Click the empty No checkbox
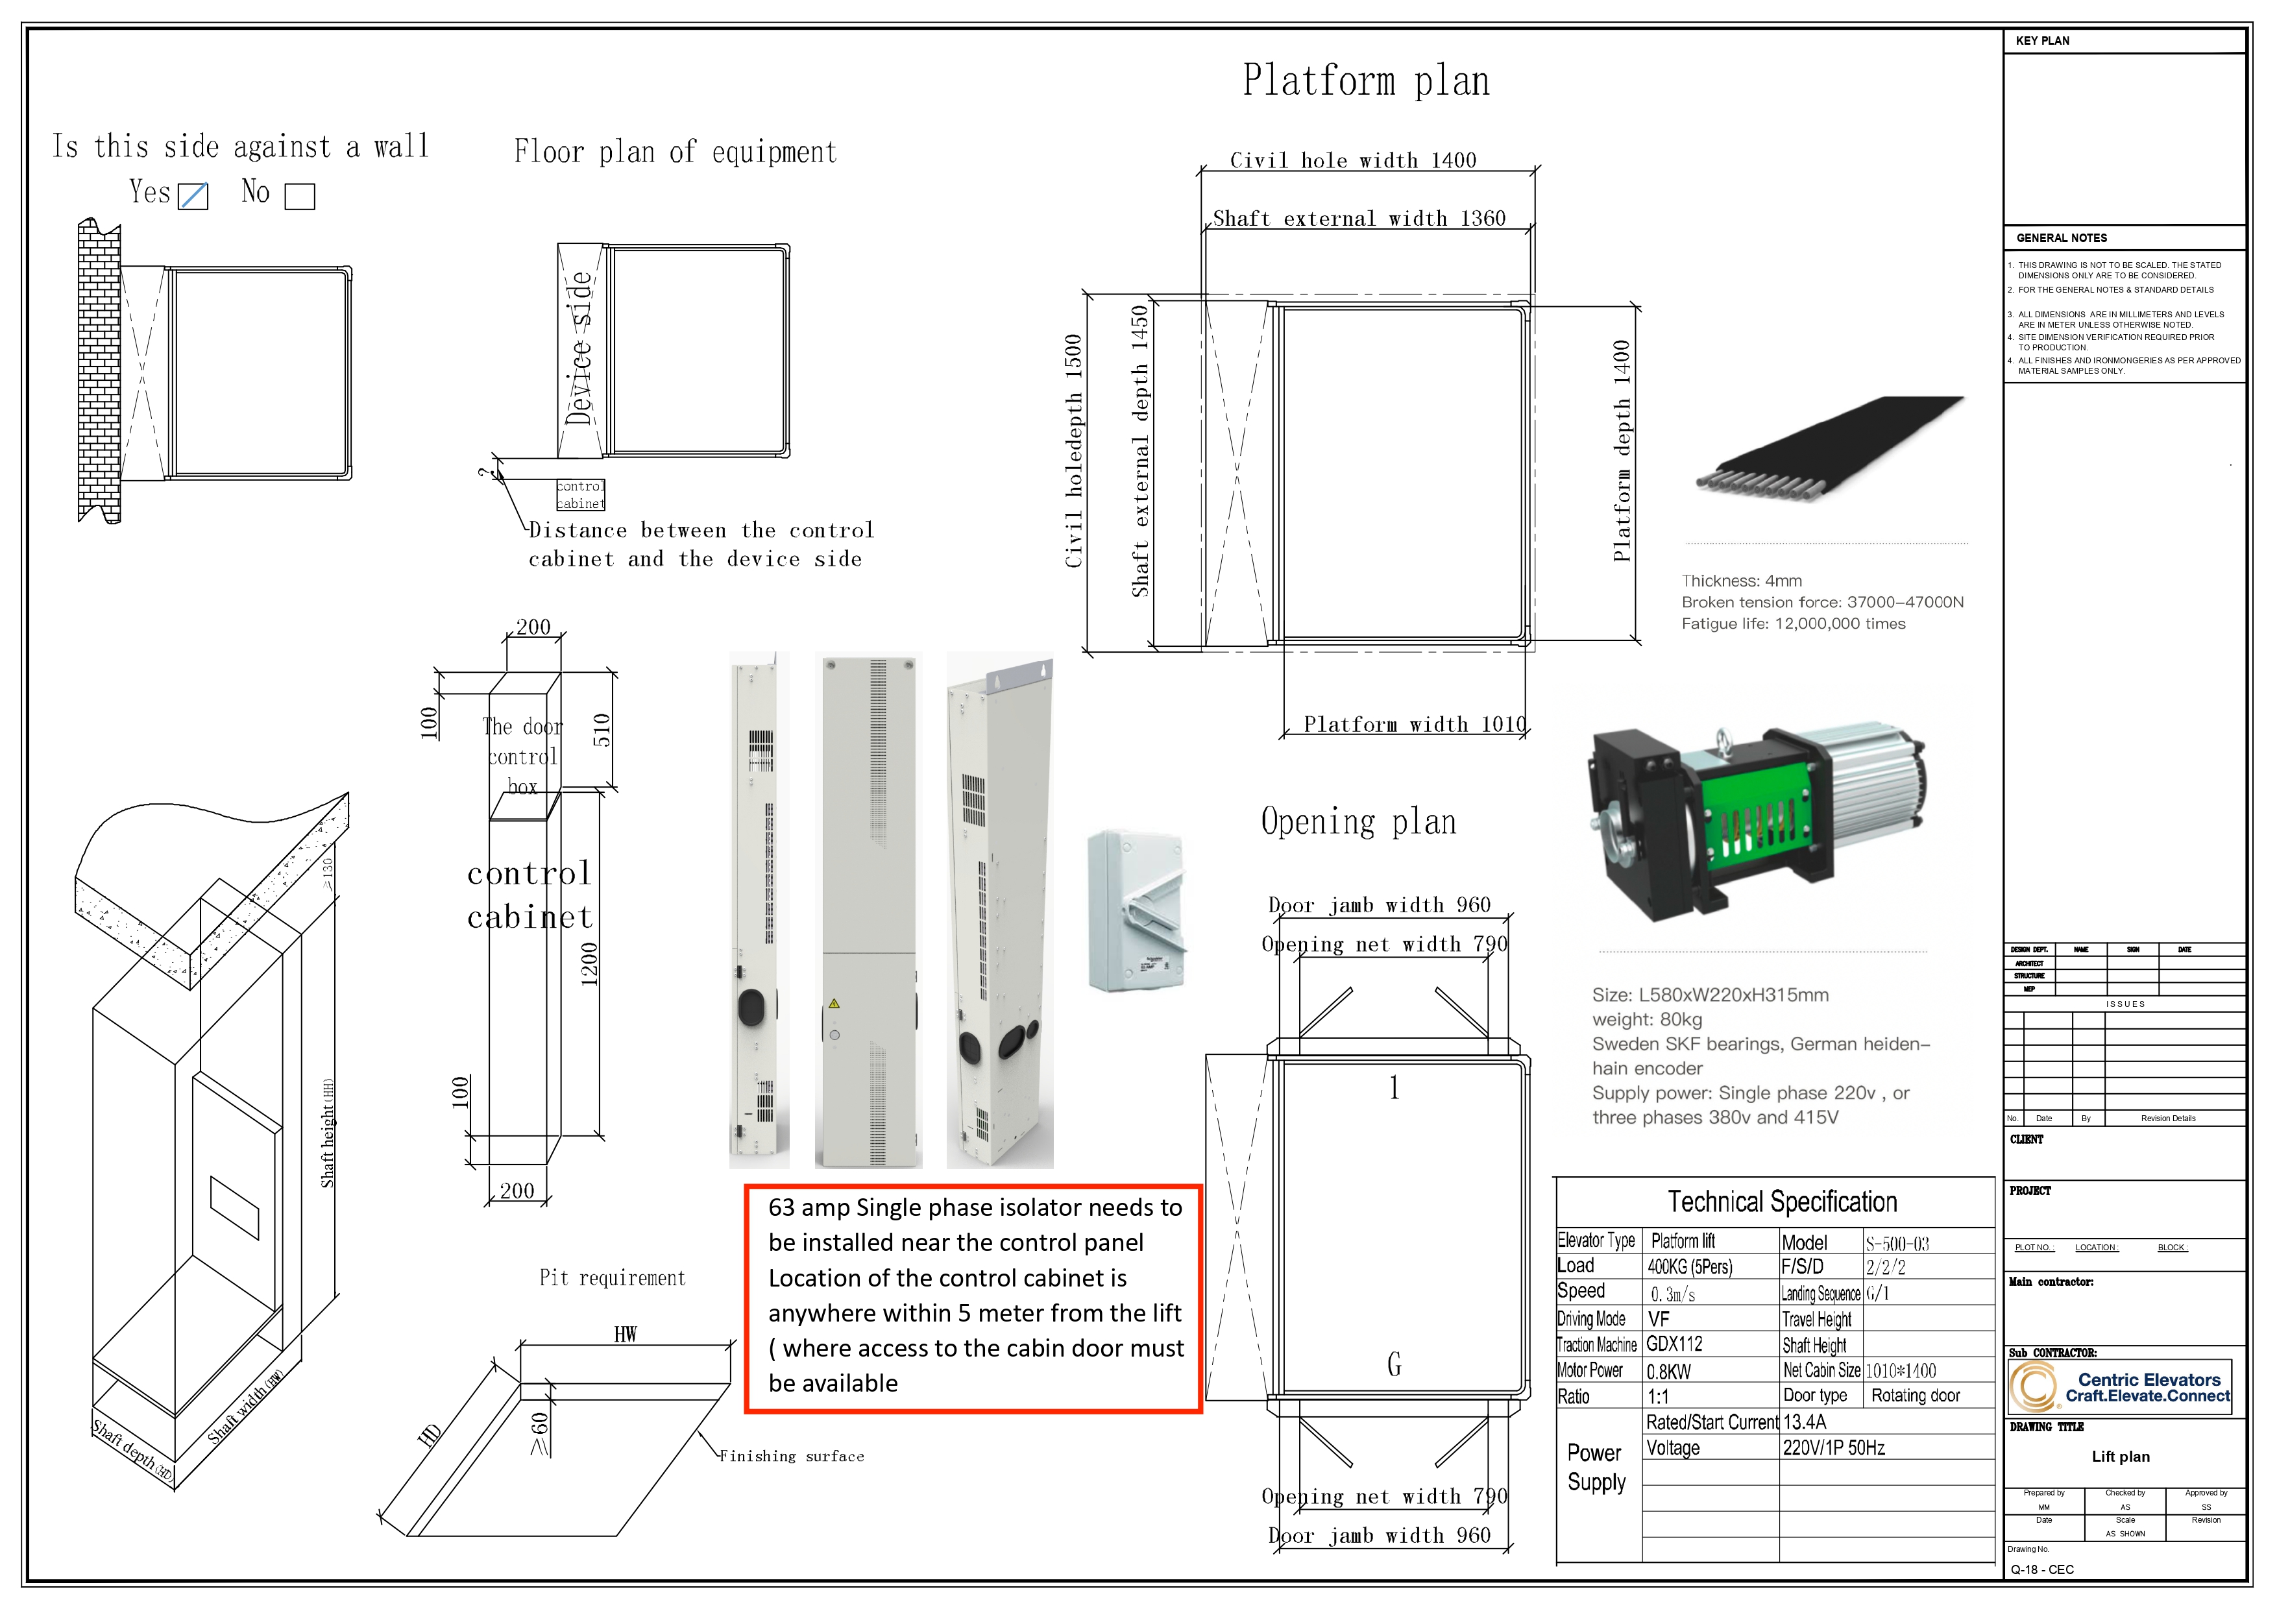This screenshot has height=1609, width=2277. (x=300, y=197)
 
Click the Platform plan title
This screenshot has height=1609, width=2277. (x=1365, y=81)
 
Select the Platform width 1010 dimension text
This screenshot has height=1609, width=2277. (x=1414, y=725)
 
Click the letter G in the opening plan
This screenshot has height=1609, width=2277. (x=1394, y=1365)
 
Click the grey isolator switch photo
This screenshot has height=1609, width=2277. (x=1136, y=910)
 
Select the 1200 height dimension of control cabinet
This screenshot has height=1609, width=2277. (x=589, y=963)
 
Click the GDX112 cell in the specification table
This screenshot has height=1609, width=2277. (x=1675, y=1344)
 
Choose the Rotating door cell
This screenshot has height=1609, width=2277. (x=1915, y=1396)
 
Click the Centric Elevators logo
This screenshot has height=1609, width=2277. (x=2121, y=1387)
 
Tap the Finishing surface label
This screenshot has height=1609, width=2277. (x=792, y=1457)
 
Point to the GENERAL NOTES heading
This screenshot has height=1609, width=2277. (x=2062, y=238)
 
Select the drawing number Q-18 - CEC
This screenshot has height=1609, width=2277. (x=2042, y=1569)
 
